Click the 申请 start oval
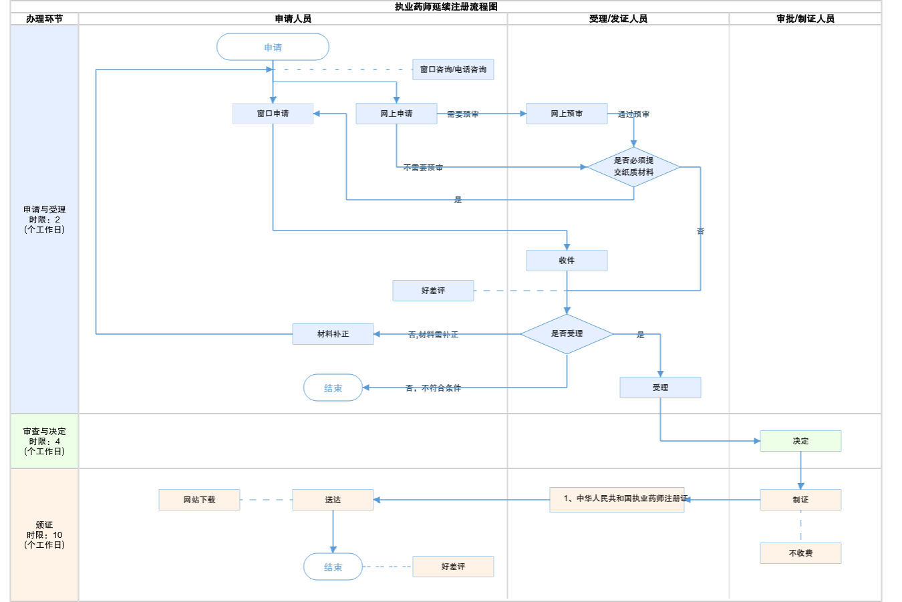[273, 47]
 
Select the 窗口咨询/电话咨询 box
[453, 69]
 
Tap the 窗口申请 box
[273, 114]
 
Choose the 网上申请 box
[396, 114]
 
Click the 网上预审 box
[567, 114]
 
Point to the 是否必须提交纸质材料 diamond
[633, 166]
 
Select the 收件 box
[567, 261]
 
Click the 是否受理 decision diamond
[567, 334]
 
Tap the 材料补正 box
[333, 334]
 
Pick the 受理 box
[660, 388]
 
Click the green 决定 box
[800, 441]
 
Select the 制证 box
[800, 500]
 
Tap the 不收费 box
[800, 553]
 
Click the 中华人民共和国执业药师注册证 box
[617, 499]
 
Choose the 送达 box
[333, 500]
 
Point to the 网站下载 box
[199, 500]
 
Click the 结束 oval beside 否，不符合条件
[333, 388]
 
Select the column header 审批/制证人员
[805, 19]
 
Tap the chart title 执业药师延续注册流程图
[446, 7]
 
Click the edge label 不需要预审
[423, 168]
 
